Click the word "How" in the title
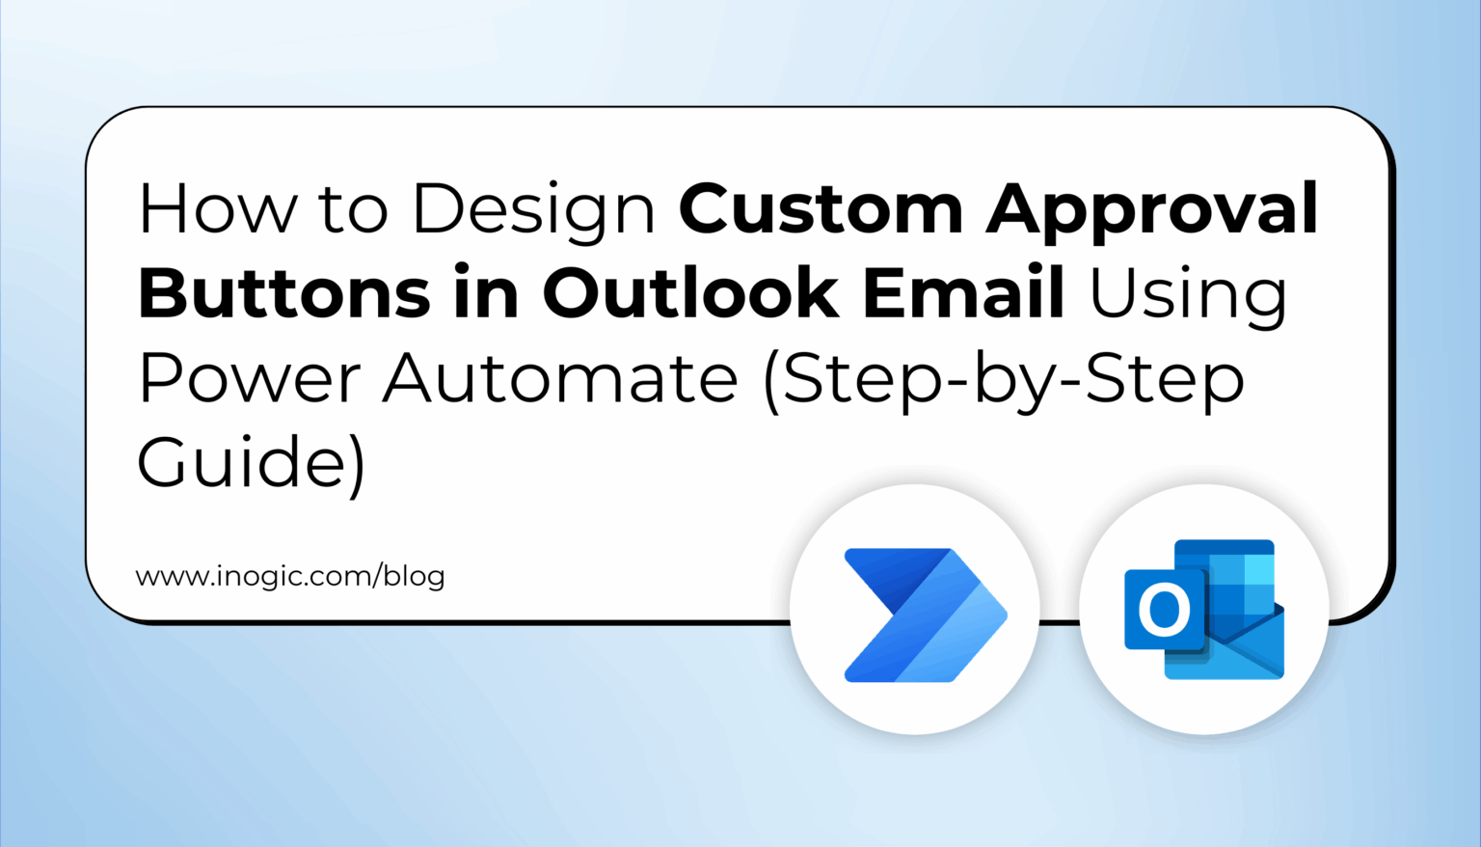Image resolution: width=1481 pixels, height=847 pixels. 218,208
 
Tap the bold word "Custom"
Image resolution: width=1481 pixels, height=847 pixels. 821,208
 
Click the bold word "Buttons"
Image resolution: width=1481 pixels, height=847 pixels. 284,293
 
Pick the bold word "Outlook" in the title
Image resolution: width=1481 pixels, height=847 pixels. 690,293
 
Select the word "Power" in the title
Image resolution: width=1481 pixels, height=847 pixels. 249,378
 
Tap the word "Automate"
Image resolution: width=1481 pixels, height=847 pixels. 560,378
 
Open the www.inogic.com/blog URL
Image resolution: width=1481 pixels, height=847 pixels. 290,577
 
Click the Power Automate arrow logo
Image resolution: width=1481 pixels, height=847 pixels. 924,615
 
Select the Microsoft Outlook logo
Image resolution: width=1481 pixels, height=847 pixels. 1204,610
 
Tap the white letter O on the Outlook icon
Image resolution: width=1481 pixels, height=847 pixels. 1164,610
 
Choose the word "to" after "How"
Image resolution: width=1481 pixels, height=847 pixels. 354,208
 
